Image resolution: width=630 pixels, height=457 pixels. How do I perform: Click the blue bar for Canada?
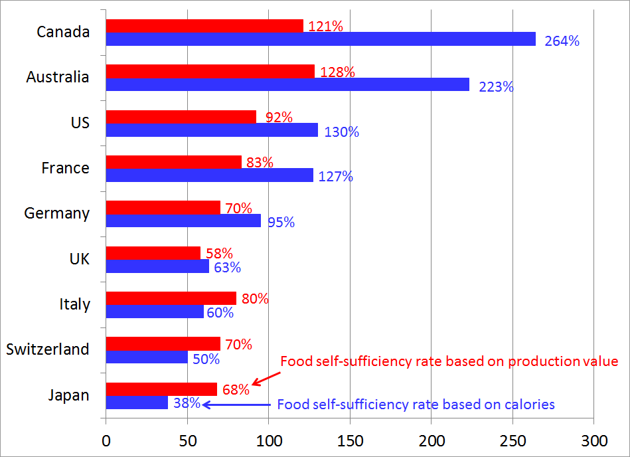[321, 39]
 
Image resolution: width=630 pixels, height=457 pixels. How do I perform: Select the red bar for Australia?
[210, 71]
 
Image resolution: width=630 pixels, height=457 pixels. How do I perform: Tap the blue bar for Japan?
[137, 403]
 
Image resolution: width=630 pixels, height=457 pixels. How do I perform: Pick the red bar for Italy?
[171, 298]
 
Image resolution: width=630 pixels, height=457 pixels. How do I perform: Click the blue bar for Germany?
[183, 221]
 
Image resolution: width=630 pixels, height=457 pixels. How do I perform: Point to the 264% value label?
[562, 41]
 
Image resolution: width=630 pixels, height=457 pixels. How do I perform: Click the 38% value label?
[187, 403]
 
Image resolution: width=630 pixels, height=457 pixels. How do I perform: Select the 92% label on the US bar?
[279, 118]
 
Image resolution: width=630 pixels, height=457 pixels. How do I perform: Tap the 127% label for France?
[335, 177]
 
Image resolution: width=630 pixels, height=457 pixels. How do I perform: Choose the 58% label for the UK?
[219, 253]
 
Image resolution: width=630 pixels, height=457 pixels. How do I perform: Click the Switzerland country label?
[47, 349]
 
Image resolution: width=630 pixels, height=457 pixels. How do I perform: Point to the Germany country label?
[56, 213]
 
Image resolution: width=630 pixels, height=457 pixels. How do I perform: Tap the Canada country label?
[63, 32]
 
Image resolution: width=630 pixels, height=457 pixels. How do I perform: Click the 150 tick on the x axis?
[350, 440]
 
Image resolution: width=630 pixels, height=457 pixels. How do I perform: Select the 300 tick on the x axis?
[593, 440]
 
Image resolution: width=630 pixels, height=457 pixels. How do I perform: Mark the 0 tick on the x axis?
[106, 440]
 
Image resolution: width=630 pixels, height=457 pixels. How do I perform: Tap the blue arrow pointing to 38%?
[237, 405]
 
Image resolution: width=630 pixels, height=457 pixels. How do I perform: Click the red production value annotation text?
[449, 362]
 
